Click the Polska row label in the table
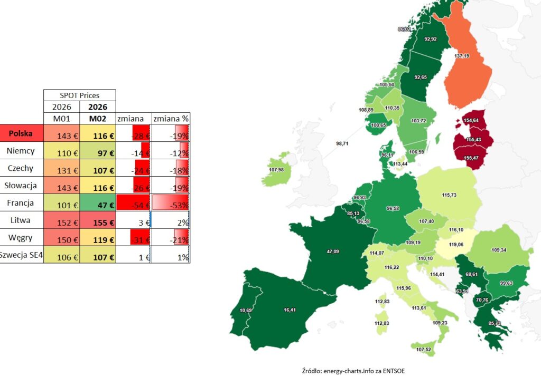21,134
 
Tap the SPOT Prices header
79,95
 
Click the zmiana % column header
171,119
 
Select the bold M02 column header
97,119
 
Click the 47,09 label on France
333,252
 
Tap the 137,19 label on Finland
461,56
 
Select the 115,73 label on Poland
449,195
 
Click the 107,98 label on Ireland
277,170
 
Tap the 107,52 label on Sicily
423,350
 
